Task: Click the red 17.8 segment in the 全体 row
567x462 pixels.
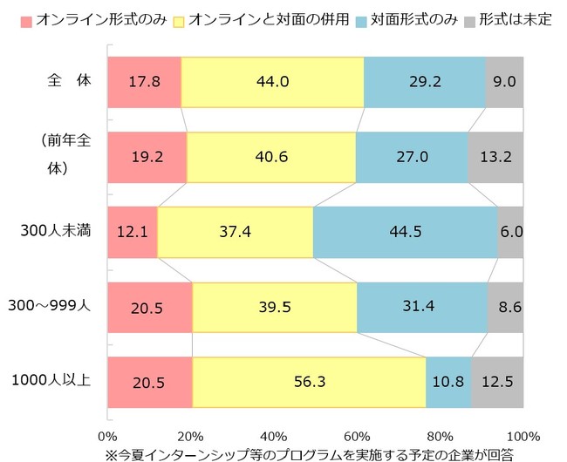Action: coord(144,82)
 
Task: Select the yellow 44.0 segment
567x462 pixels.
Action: coord(272,82)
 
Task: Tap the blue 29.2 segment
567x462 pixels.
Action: coord(424,82)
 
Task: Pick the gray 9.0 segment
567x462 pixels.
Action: coord(504,82)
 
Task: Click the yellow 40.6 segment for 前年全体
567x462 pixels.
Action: coord(271,157)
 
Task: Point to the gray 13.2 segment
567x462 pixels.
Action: coord(495,157)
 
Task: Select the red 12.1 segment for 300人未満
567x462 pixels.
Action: coord(132,232)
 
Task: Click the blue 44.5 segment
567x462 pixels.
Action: coord(405,232)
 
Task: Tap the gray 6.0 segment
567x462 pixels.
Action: coord(510,232)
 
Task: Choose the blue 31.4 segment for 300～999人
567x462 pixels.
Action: coord(422,307)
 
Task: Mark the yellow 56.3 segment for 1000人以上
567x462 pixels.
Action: coord(309,382)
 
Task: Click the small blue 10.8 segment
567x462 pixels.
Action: coord(448,382)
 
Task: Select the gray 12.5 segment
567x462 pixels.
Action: coord(497,382)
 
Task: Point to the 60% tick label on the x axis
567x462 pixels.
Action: coord(357,435)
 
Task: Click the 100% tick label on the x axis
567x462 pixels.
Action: coord(523,435)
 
